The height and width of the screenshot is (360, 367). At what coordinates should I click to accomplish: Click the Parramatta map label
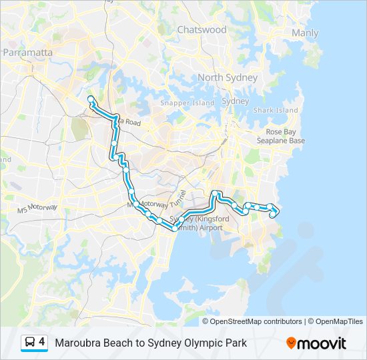click(x=28, y=52)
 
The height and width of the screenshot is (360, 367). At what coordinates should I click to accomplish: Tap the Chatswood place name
click(x=202, y=30)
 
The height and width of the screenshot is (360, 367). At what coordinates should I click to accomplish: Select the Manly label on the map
click(x=305, y=33)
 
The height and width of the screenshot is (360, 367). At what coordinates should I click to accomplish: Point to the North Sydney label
click(x=228, y=77)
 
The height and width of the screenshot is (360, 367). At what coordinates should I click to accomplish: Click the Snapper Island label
click(x=188, y=103)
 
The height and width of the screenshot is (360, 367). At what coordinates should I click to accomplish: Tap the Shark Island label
click(x=276, y=110)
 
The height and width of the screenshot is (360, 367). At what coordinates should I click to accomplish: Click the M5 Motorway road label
click(x=37, y=209)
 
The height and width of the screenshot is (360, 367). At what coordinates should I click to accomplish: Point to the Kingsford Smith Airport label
click(x=200, y=223)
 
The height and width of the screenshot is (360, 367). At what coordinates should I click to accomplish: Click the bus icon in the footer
click(x=30, y=342)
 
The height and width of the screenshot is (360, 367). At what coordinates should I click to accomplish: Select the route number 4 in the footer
click(x=42, y=341)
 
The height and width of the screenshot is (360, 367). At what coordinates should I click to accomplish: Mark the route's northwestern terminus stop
click(x=90, y=99)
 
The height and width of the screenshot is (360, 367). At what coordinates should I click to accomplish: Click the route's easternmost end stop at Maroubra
click(x=276, y=211)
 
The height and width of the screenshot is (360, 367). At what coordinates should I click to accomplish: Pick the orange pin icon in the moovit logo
click(x=291, y=343)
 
